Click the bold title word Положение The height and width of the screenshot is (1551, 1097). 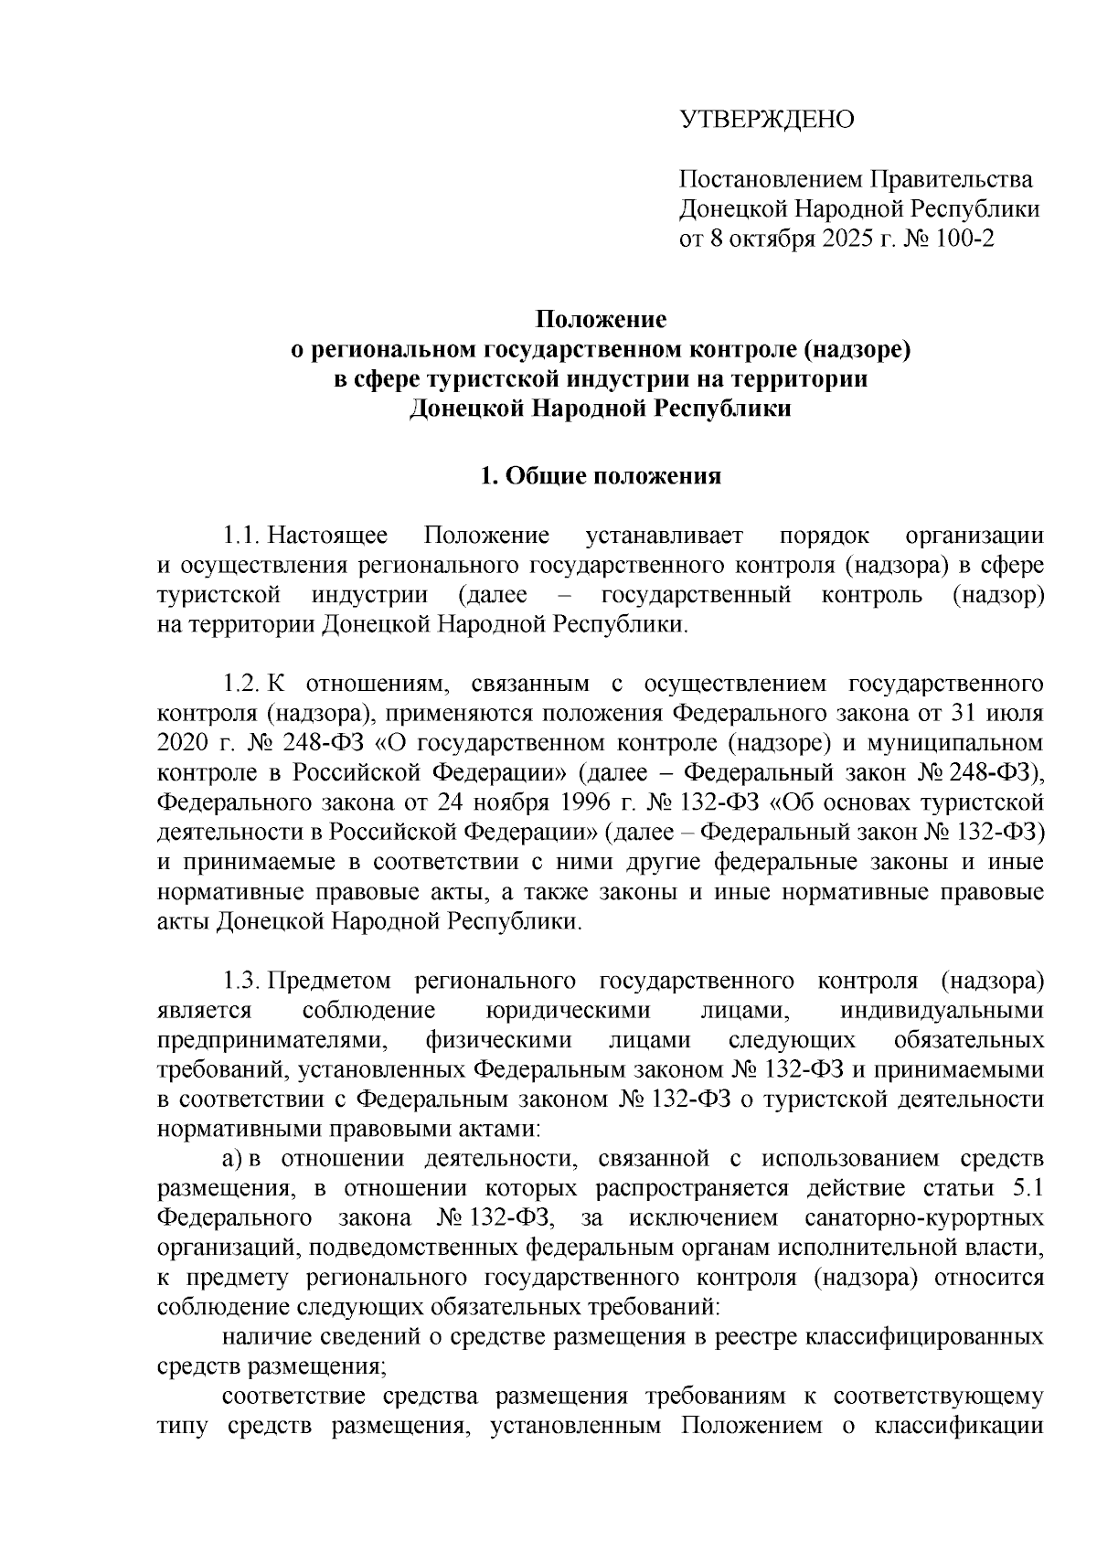tap(601, 319)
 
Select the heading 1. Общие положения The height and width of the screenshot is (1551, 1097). tap(601, 476)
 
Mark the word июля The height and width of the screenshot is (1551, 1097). tap(1017, 713)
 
